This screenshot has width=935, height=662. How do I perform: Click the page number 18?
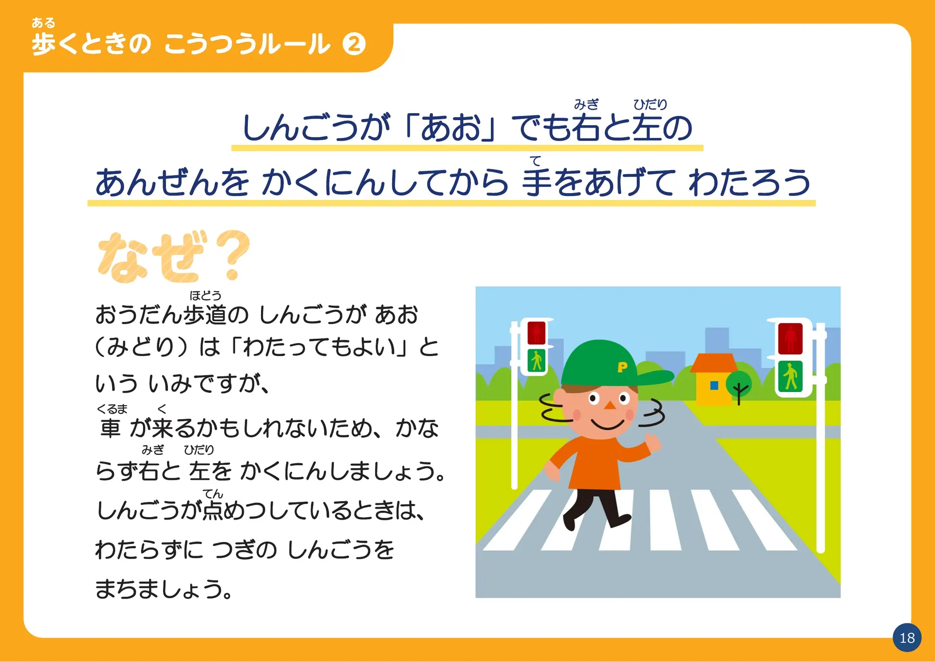(x=907, y=638)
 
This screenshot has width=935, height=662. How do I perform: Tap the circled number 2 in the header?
(x=354, y=44)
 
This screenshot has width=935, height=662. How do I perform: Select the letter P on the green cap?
(x=622, y=367)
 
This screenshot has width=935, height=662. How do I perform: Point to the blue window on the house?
(x=714, y=386)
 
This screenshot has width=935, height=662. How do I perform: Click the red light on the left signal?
(x=536, y=332)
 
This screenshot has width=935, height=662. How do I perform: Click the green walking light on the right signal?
(x=790, y=376)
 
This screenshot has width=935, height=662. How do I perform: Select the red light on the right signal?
(x=790, y=338)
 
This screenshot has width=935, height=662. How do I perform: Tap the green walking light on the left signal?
(x=536, y=361)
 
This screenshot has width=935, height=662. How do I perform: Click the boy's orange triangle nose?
(x=609, y=405)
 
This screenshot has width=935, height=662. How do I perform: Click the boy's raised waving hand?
(x=653, y=441)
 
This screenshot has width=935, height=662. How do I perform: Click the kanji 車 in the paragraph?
(x=110, y=428)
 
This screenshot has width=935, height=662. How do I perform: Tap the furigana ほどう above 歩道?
(x=206, y=295)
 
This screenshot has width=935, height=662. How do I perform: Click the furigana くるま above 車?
(x=112, y=409)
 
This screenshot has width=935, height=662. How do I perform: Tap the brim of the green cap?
(x=653, y=377)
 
